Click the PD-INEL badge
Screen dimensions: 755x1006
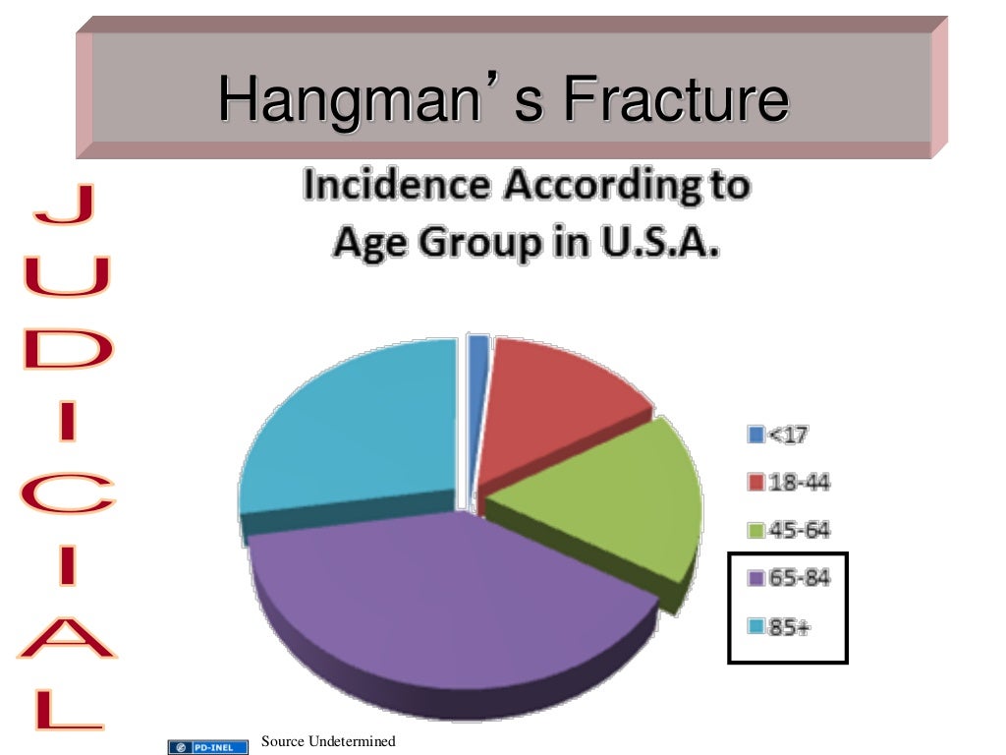point(208,747)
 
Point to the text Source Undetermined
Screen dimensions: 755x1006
point(328,741)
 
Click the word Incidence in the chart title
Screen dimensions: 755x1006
point(393,187)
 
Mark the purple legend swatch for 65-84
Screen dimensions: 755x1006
point(756,580)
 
